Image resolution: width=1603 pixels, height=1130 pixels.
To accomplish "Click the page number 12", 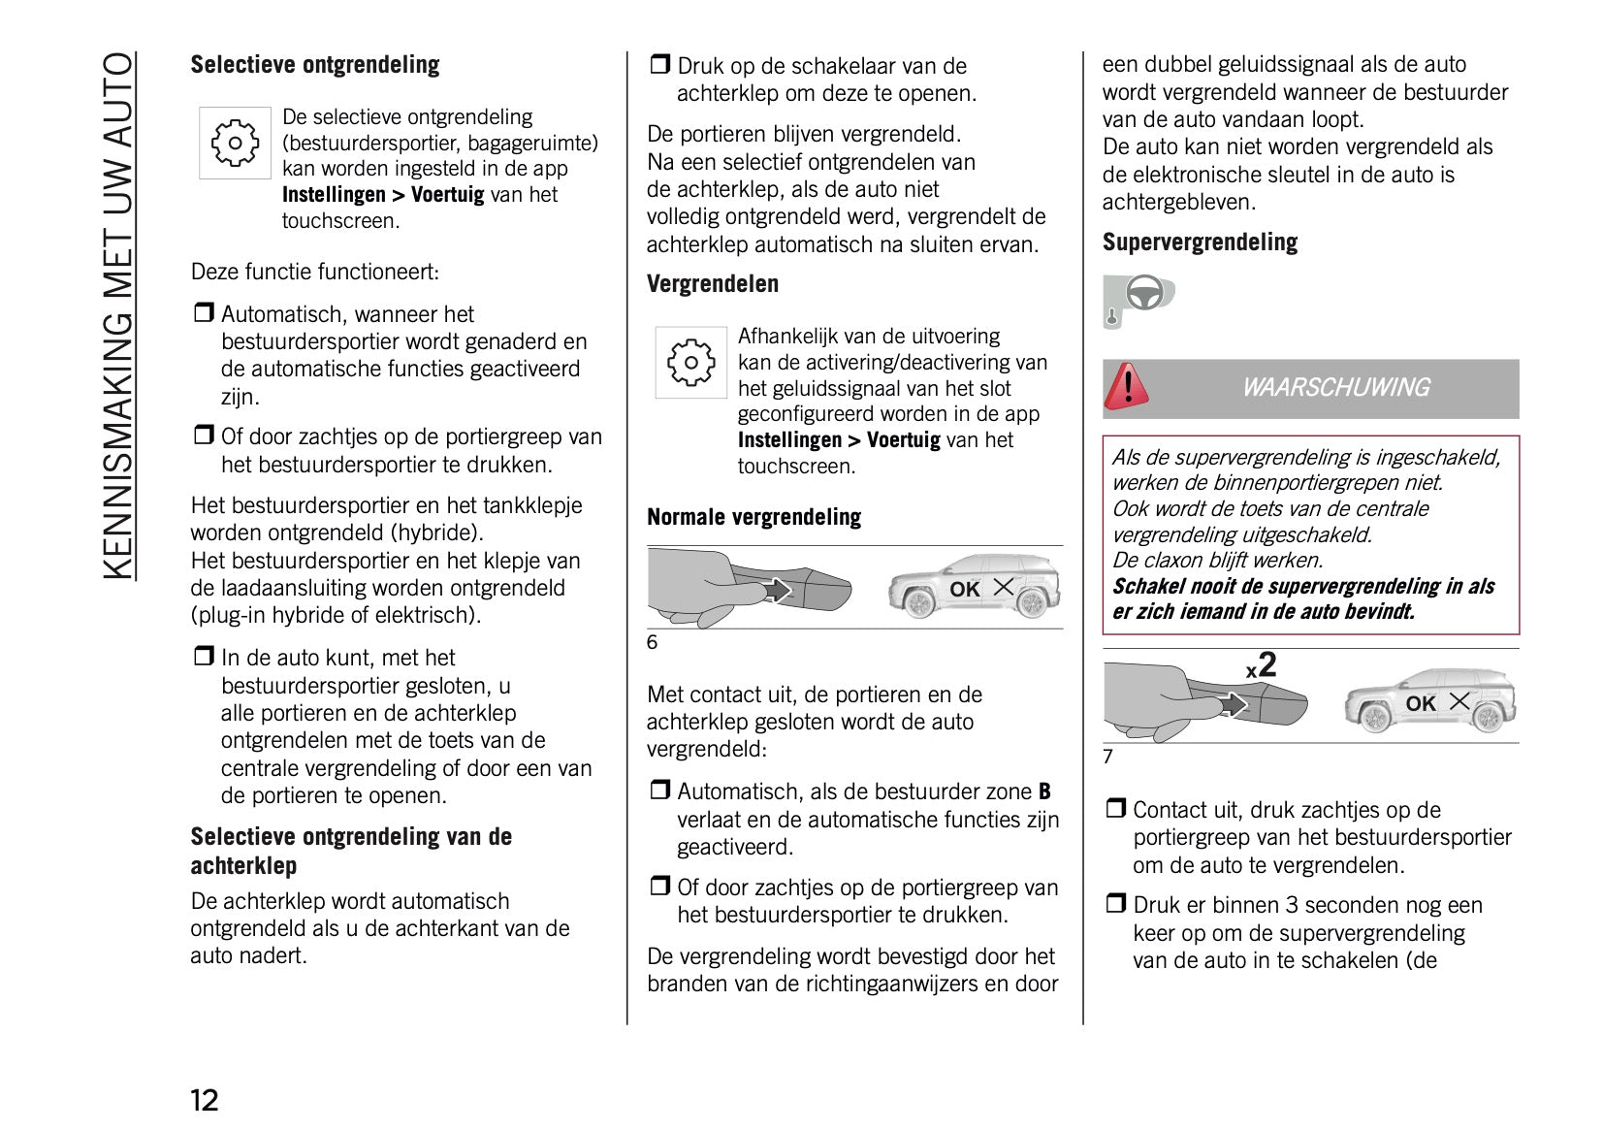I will point(205,1099).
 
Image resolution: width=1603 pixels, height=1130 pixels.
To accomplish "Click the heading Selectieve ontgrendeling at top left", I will point(314,65).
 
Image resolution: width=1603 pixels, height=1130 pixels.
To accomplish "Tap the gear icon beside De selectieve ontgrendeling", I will point(235,144).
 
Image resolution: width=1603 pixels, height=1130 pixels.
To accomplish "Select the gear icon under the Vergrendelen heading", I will point(690,363).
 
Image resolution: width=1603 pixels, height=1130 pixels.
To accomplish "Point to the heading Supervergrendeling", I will point(1200,242).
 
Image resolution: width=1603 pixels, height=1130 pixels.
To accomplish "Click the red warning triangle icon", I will point(1127,387).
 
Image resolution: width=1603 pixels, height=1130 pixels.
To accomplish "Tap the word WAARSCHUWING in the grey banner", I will point(1335,388).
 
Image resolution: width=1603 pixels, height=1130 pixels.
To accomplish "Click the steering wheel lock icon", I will point(1138,298).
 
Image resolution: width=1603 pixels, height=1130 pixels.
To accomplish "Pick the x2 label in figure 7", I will point(1262,666).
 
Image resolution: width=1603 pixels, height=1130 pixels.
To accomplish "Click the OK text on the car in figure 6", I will point(964,590).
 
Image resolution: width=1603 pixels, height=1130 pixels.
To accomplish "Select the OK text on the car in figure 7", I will point(1421,704).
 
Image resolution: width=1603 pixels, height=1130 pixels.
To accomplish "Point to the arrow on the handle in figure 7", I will point(1233,703).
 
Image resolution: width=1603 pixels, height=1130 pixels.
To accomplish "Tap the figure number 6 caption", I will point(653,642).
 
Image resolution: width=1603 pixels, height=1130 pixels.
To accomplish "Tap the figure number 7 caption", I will point(1108,757).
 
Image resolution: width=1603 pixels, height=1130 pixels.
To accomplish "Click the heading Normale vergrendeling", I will point(753,517).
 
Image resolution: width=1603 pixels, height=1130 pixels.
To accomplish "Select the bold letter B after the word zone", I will point(1044,791).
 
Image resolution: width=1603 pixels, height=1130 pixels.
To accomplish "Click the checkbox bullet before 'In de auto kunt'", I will point(203,657).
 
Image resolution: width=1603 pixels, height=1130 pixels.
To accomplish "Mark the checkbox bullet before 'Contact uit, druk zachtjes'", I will point(1115,808).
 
